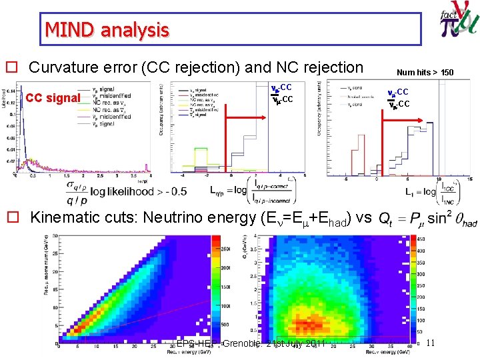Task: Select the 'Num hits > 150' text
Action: pos(425,72)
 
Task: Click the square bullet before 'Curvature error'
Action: pos(11,67)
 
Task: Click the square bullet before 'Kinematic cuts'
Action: pos(11,217)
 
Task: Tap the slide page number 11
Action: pos(430,343)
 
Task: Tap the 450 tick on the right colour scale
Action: pos(422,239)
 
